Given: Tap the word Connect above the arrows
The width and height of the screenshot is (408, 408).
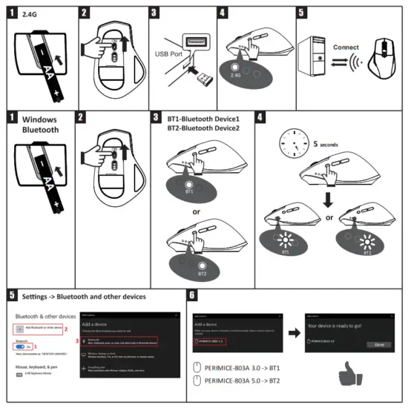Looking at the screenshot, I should (x=346, y=47).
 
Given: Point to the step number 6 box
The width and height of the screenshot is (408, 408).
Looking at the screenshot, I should (x=193, y=295).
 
